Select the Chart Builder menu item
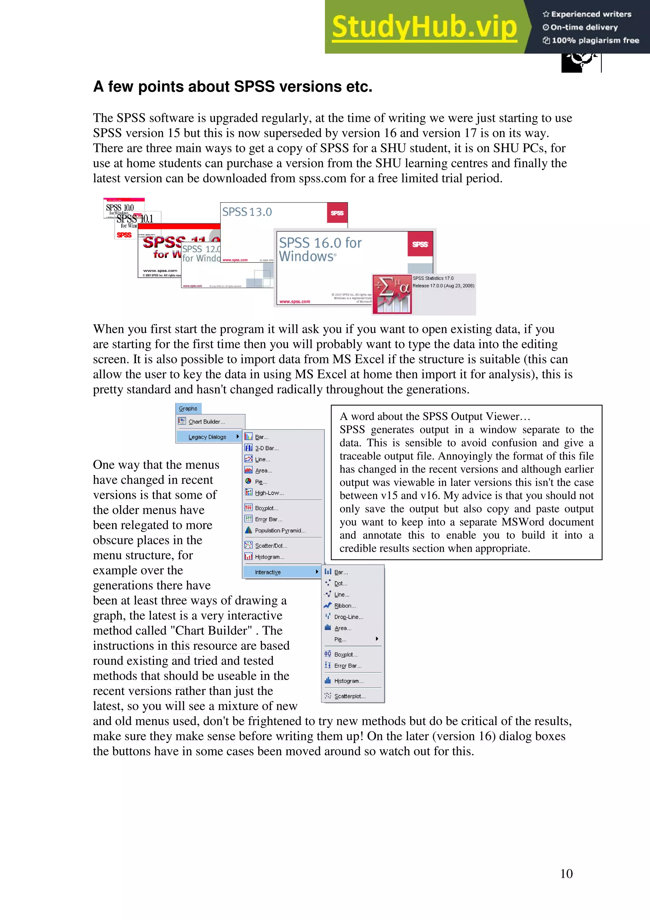click(206, 422)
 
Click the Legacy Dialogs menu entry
click(208, 437)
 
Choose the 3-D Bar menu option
click(266, 448)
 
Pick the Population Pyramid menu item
click(280, 530)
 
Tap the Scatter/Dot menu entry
click(271, 546)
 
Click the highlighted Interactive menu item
click(268, 572)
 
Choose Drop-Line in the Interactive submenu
click(348, 617)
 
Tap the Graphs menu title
click(188, 408)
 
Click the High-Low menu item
click(269, 493)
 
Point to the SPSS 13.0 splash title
click(247, 212)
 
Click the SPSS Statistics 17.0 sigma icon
click(392, 294)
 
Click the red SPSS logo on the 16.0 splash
click(420, 244)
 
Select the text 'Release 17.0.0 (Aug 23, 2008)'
click(443, 286)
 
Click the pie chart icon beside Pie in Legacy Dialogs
click(248, 481)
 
